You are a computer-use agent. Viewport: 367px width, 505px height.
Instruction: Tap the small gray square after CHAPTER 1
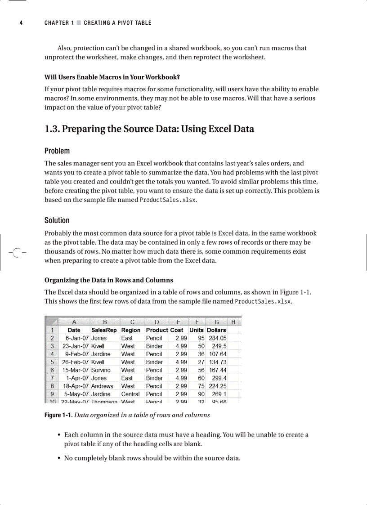click(x=79, y=23)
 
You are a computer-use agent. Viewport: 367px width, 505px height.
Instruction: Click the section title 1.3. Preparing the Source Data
click(x=149, y=129)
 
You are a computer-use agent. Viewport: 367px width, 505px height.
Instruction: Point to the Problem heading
click(x=57, y=151)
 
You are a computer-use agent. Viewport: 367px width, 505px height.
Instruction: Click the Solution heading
click(x=57, y=220)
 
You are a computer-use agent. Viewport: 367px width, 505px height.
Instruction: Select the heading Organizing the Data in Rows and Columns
click(x=108, y=280)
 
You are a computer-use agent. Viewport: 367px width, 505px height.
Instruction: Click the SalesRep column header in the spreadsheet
click(x=104, y=330)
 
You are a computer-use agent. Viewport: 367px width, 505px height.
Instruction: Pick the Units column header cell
click(x=197, y=330)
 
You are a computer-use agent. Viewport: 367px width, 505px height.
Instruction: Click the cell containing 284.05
click(x=217, y=338)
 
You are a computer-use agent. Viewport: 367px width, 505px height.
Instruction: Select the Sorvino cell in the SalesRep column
click(x=101, y=370)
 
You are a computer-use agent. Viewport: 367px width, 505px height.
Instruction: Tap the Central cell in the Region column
click(x=130, y=394)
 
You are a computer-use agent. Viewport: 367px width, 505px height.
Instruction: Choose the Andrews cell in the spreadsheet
click(x=102, y=386)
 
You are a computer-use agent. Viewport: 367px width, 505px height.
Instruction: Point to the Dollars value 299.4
click(x=218, y=378)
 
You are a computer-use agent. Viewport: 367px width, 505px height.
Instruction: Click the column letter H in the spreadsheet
click(x=233, y=322)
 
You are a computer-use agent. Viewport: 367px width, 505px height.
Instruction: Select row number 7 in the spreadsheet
click(x=52, y=378)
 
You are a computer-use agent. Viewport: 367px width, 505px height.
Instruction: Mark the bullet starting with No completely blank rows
click(x=152, y=458)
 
